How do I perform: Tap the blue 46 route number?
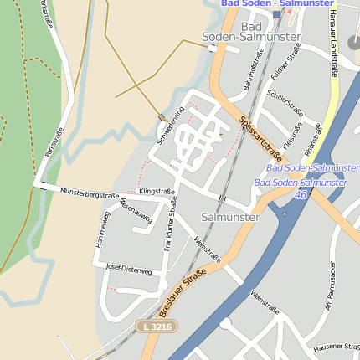[300, 194]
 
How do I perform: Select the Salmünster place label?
[231, 217]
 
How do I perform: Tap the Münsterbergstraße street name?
[90, 193]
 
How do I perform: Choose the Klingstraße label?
[157, 192]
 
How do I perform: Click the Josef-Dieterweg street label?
[129, 270]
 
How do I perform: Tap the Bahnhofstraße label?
[249, 75]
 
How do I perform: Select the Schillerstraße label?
[284, 104]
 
